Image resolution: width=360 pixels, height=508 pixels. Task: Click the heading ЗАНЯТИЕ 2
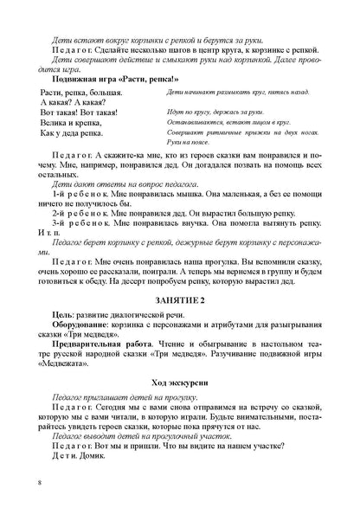[x=179, y=299]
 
